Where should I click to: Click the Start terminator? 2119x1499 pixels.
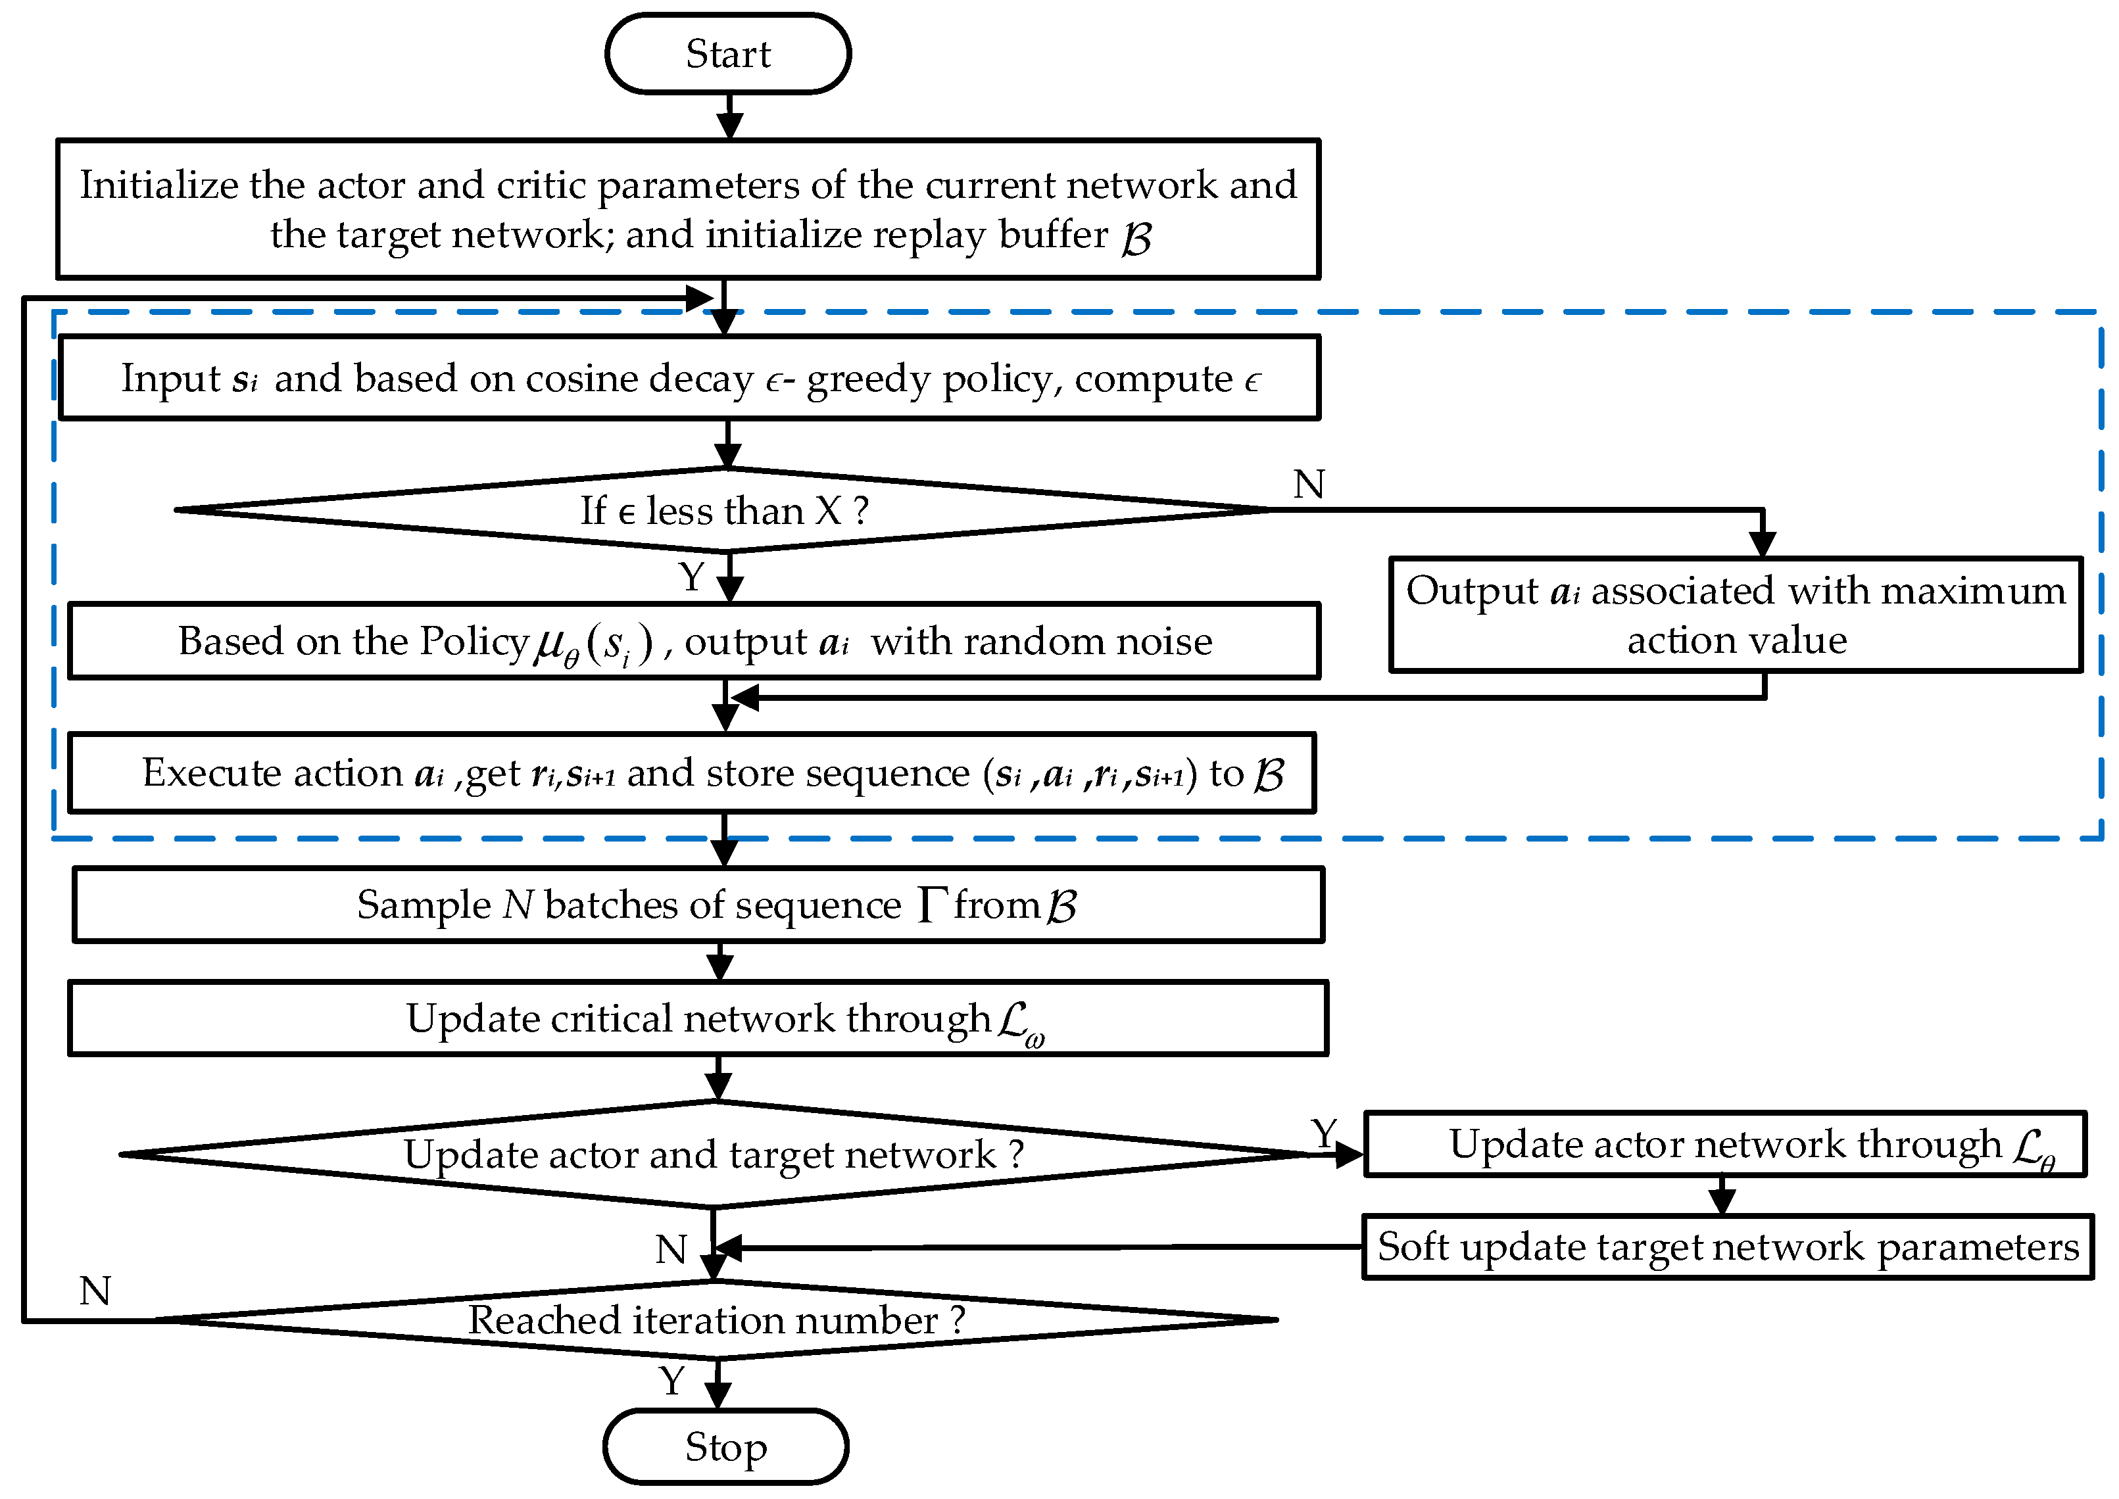tap(727, 53)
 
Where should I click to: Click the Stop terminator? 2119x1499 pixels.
tap(725, 1446)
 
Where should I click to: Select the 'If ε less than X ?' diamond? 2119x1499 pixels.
tap(724, 510)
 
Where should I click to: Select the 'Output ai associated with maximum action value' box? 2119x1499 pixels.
tap(1735, 615)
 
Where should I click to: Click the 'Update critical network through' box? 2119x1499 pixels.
tap(698, 1018)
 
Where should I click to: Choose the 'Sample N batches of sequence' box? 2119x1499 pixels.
tap(698, 905)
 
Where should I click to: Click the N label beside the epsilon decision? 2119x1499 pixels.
tap(1308, 484)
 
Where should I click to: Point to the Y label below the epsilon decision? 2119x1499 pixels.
tap(692, 577)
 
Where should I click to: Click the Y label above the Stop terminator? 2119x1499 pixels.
tap(672, 1381)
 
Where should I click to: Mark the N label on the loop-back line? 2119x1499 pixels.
tap(95, 1291)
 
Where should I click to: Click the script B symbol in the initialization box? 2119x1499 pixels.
tap(1136, 238)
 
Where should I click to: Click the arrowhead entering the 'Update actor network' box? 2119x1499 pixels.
tap(1350, 1154)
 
